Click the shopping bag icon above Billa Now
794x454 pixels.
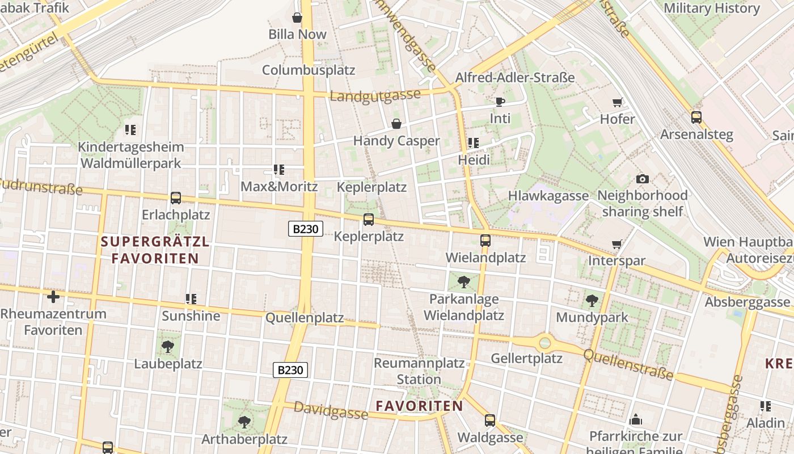pos(297,18)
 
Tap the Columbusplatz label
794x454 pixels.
pos(309,70)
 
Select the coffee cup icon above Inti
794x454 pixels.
pos(500,102)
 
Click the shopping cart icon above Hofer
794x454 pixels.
pos(618,103)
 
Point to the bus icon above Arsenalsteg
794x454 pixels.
pos(696,117)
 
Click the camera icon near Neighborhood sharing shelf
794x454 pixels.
pos(643,179)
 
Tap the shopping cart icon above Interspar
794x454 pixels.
pos(617,244)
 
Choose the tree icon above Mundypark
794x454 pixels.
pos(592,300)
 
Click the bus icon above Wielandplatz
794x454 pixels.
pos(485,241)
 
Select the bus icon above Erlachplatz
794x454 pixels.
pos(176,198)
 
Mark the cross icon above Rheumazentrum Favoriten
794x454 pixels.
pos(53,297)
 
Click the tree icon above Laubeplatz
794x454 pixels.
pos(167,346)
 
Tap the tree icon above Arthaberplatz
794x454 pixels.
pos(244,422)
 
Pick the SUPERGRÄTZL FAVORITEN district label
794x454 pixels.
pos(155,250)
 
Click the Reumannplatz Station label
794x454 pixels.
pos(419,371)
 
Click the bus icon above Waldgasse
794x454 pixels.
pos(490,421)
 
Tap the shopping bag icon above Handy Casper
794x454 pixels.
pos(396,124)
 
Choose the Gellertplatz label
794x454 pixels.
pos(527,359)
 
